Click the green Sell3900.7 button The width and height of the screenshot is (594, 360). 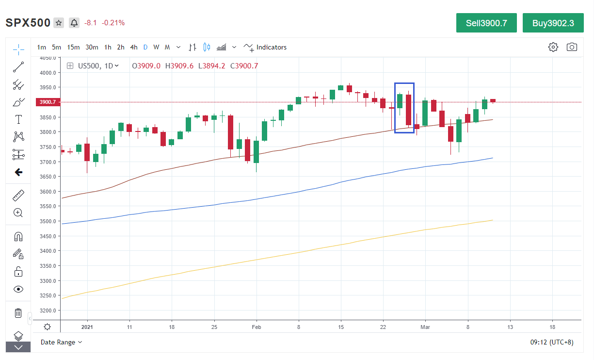coord(486,23)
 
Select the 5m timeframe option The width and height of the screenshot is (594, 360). coord(57,47)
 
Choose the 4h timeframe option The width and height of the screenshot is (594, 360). coord(134,47)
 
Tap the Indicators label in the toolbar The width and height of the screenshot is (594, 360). coord(271,47)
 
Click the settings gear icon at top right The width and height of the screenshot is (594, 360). coord(553,47)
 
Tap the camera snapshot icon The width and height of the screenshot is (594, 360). coord(572,47)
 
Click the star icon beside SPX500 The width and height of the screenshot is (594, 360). coord(59,23)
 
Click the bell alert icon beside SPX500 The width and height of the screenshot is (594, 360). coord(74,23)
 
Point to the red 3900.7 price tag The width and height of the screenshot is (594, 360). coord(47,102)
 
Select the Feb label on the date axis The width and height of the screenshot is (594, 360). coord(257,327)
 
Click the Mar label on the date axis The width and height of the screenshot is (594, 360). coord(425,327)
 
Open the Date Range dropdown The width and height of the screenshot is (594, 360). coord(61,342)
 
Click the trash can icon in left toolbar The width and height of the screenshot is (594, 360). coord(18,313)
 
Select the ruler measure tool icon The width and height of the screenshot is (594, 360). coord(18,196)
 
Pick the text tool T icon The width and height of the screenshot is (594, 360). coord(18,119)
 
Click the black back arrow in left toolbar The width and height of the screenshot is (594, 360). coord(18,172)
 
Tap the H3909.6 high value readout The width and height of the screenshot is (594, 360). coord(179,66)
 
